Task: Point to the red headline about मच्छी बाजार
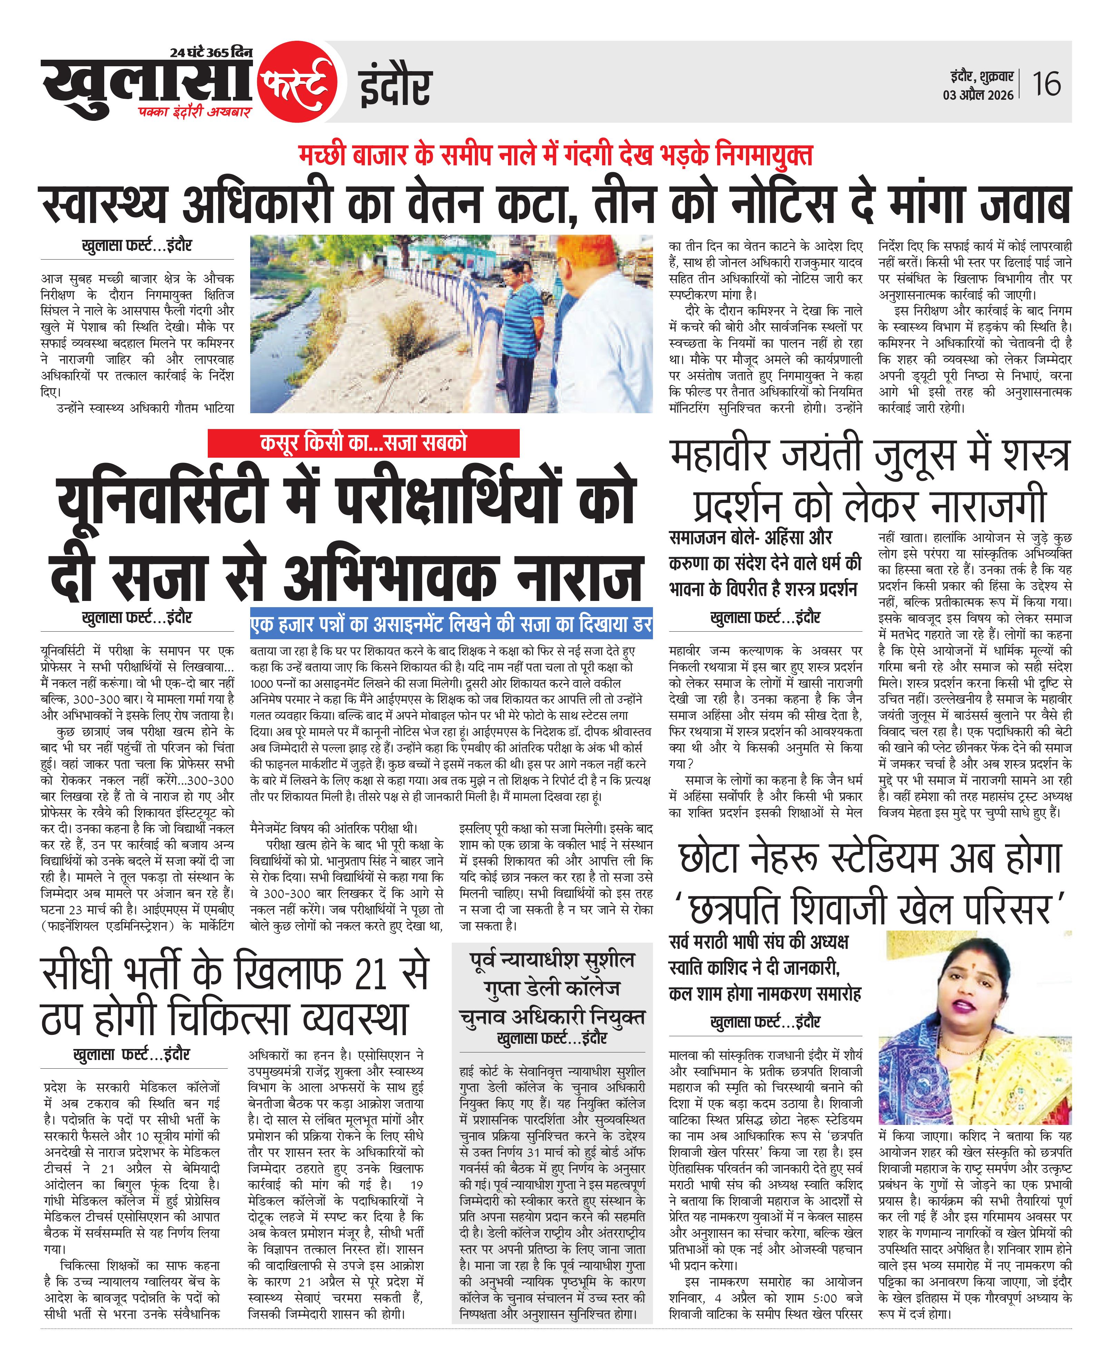click(555, 155)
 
